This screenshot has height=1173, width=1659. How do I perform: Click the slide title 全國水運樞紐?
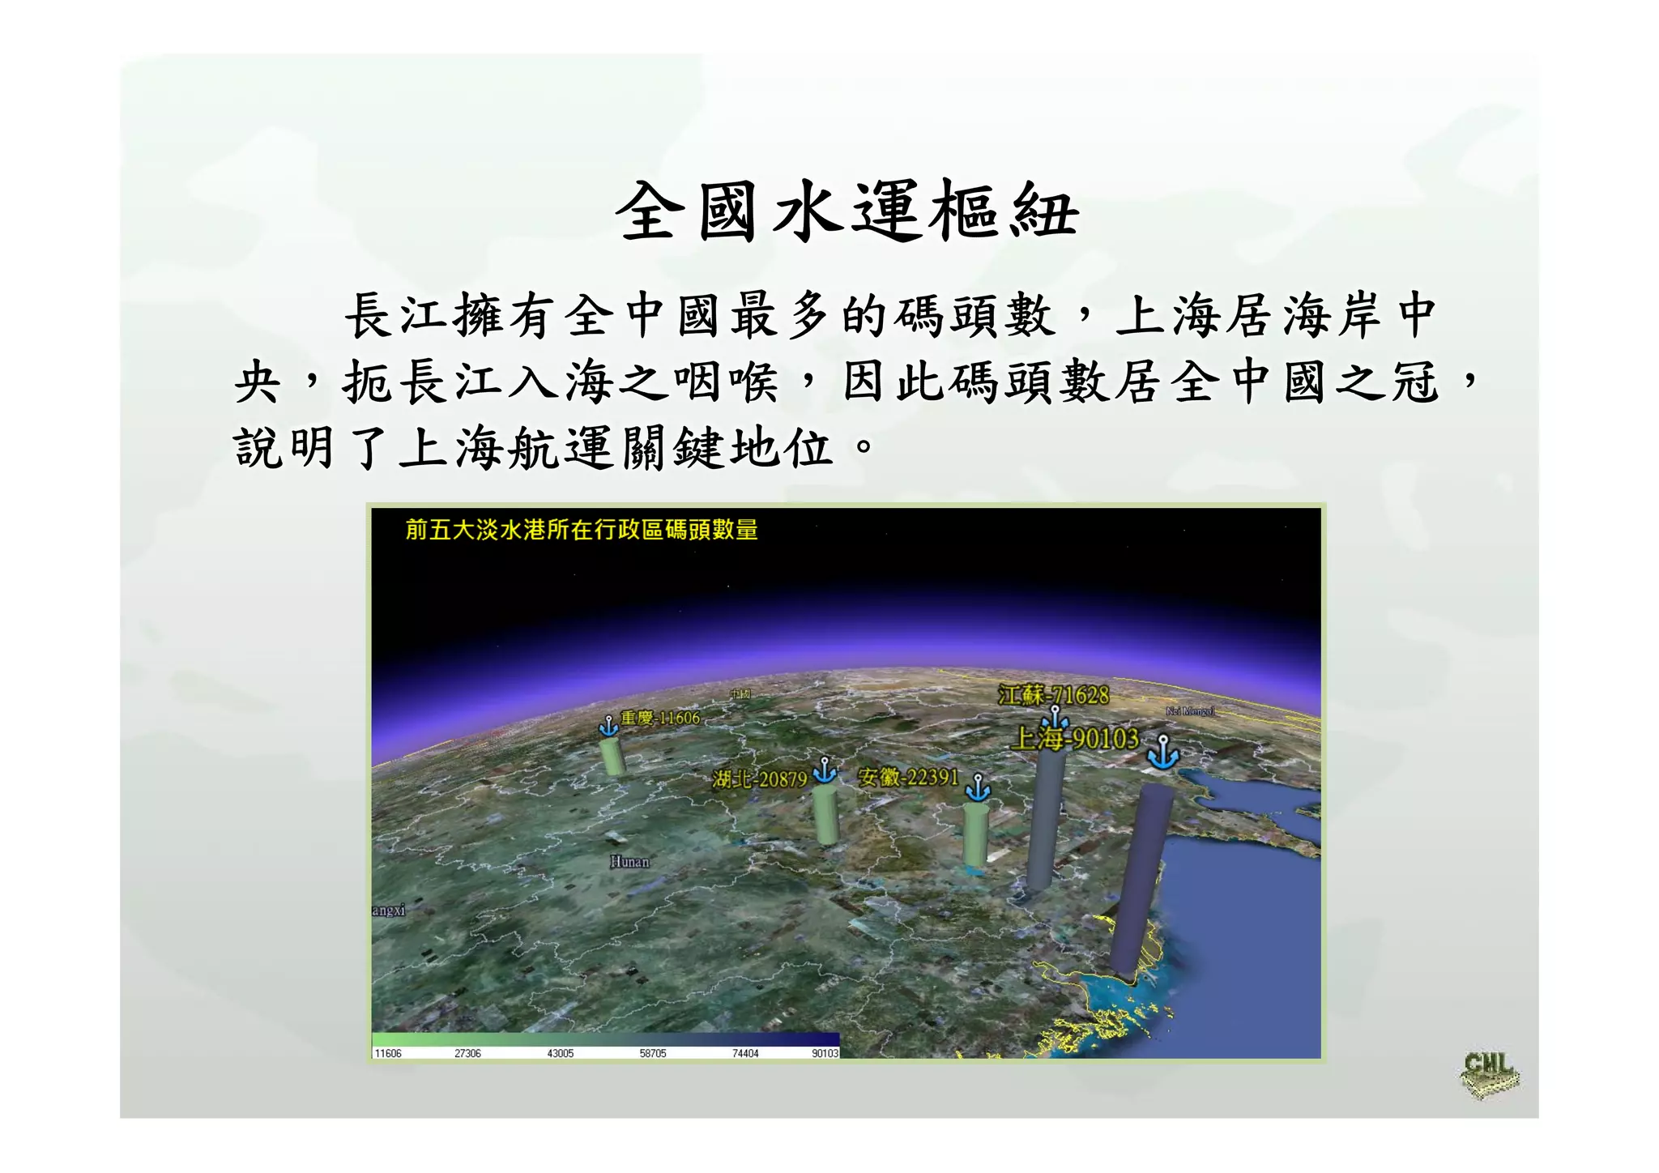tap(847, 211)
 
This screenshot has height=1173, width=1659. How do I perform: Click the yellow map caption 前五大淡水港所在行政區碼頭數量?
tap(582, 530)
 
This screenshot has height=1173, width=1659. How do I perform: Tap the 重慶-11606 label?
tap(659, 718)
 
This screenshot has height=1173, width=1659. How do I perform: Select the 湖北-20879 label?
tap(759, 779)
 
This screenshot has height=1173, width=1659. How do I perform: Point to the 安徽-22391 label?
tap(908, 778)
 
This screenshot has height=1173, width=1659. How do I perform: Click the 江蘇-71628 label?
tap(1053, 695)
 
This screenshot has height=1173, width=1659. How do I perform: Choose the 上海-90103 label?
tap(1075, 739)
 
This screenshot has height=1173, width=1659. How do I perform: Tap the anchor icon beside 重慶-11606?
tap(608, 726)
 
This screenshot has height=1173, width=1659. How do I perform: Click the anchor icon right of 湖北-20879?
tap(824, 770)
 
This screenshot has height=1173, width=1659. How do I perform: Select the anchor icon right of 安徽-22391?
tap(978, 787)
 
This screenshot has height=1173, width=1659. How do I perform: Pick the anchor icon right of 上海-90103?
tap(1163, 752)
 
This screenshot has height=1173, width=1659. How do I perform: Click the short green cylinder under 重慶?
tap(613, 755)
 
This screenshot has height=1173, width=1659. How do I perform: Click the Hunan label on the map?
tap(629, 862)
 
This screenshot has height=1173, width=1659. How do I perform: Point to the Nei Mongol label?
tap(1189, 711)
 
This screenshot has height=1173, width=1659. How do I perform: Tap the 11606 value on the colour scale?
tap(388, 1053)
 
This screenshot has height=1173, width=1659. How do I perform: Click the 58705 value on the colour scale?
tap(652, 1053)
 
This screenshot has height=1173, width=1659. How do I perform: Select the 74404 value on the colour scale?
tap(744, 1053)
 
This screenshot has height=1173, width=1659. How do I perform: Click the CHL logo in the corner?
tap(1489, 1074)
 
